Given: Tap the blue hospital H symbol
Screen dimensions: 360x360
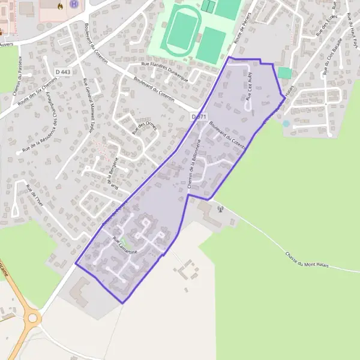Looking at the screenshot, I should pyautogui.click(x=74, y=5).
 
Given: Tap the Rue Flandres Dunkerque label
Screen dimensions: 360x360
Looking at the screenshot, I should pyautogui.click(x=164, y=68).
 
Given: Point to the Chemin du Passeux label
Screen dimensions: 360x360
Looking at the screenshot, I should pyautogui.click(x=18, y=75).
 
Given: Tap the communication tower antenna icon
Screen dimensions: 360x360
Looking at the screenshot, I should pyautogui.click(x=221, y=209).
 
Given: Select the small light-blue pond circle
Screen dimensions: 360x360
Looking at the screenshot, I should pyautogui.click(x=286, y=124).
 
